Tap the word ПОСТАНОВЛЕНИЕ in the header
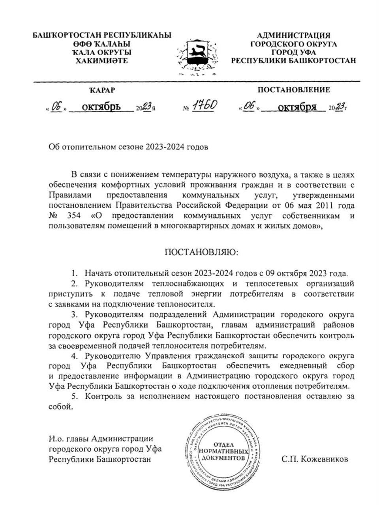tap(294, 90)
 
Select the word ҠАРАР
tap(102, 90)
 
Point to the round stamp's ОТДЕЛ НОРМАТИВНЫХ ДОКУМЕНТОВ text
tap(224, 451)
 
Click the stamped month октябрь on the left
tap(101, 107)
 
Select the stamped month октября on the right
tap(297, 107)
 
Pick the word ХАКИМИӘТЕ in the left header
tap(102, 61)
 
